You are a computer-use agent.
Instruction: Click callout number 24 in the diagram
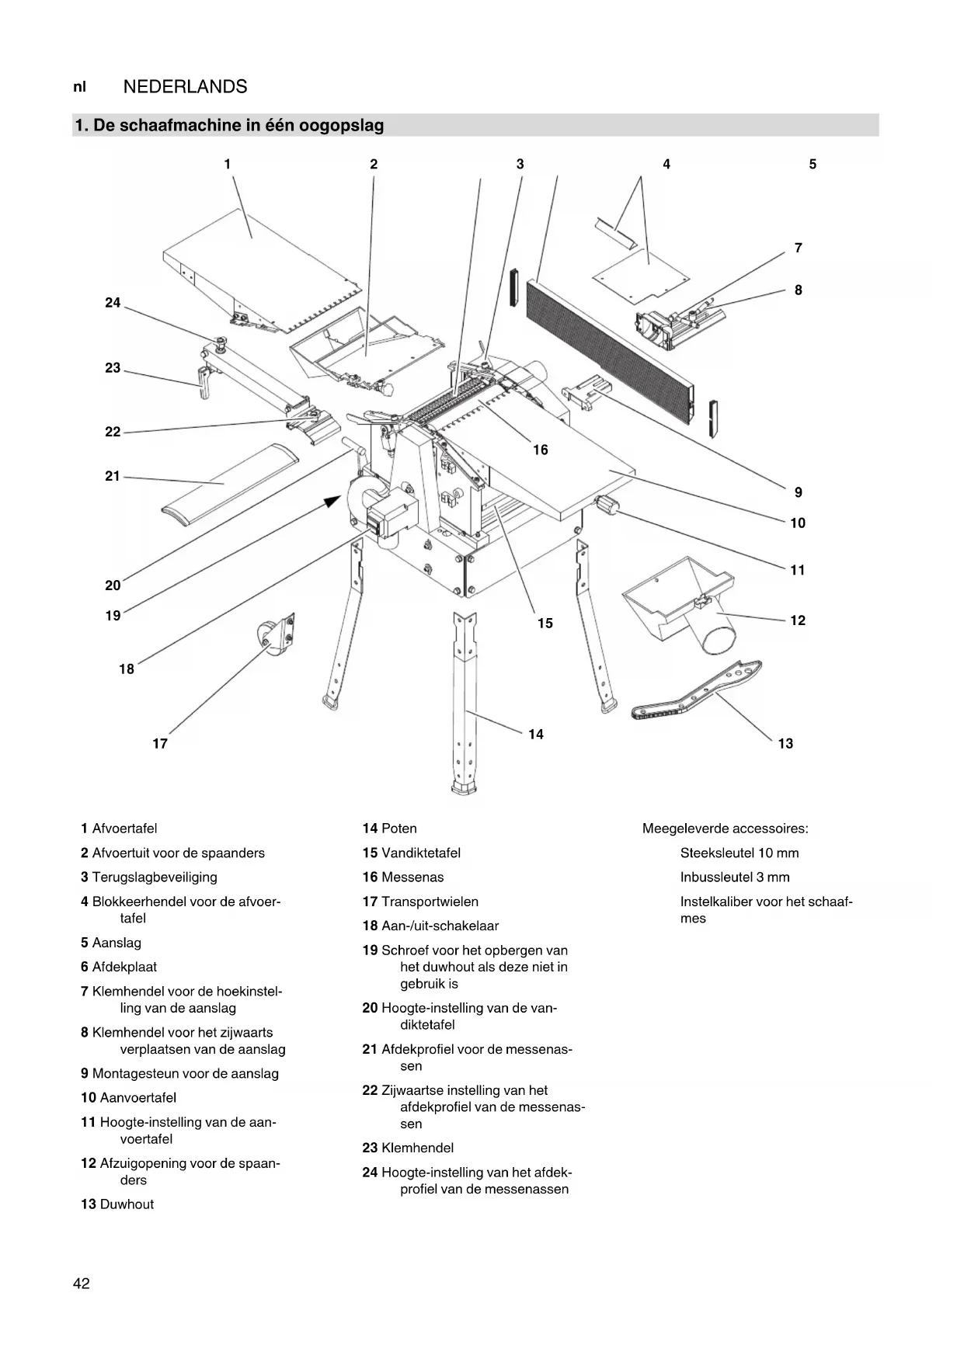click(113, 303)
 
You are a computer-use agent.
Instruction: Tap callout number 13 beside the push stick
click(785, 744)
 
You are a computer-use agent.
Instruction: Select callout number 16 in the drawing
click(540, 450)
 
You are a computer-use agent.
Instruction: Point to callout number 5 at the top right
click(813, 165)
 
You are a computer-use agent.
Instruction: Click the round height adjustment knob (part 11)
click(607, 506)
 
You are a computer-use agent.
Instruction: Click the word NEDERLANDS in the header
click(185, 87)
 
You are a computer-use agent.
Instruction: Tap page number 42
click(82, 1284)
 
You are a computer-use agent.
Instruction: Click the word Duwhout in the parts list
click(127, 1204)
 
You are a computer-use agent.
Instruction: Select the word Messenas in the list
click(412, 877)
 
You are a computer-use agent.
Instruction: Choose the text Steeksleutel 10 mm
click(739, 853)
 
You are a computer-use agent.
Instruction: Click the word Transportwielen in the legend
click(430, 902)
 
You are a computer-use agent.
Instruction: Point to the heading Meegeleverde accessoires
click(725, 829)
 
